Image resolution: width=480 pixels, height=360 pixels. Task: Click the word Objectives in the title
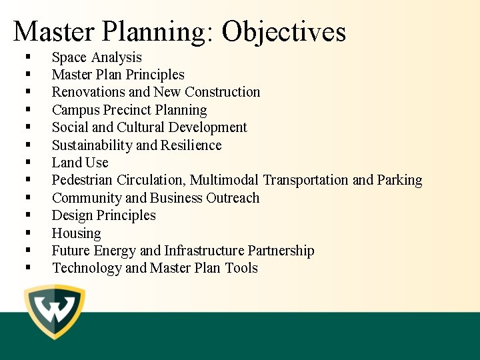(x=284, y=31)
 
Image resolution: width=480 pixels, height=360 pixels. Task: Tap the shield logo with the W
(x=55, y=312)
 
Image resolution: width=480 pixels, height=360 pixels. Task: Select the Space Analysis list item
(x=97, y=57)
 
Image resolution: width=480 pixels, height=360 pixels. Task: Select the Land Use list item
(x=80, y=163)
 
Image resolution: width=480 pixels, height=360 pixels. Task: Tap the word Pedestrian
(x=83, y=180)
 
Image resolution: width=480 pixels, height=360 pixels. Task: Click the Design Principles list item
(x=104, y=215)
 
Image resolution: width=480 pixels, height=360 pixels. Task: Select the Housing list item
(x=77, y=233)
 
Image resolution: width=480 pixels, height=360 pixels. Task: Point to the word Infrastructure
(x=205, y=251)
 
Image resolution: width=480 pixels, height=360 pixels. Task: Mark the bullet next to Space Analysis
(x=28, y=58)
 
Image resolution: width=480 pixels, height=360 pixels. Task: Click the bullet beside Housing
(x=28, y=234)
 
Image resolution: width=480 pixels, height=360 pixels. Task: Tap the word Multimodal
(x=226, y=180)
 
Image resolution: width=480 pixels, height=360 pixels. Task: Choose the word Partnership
(x=281, y=251)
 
